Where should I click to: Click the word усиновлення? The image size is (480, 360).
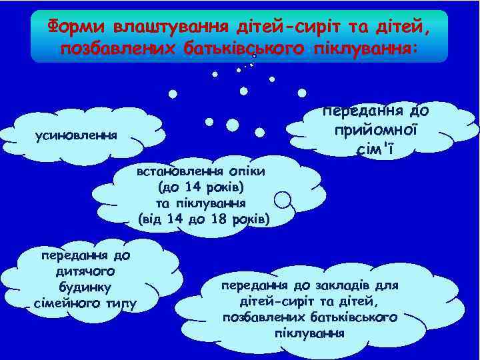coord(76,135)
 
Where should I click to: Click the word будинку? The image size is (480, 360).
coord(85,287)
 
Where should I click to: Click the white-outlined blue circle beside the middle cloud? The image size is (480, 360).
coord(283,199)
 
